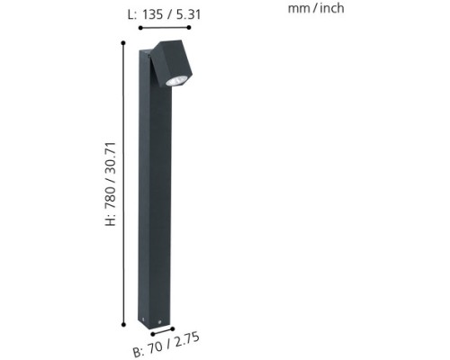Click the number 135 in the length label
coord(152,14)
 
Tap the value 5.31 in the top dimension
coord(188,14)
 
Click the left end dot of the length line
coord(140,28)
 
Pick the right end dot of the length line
coord(189,28)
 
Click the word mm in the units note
coord(299,9)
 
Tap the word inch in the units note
coord(332,8)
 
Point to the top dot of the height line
coord(123,43)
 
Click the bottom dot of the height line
coord(123,324)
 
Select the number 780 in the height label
coord(110,197)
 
